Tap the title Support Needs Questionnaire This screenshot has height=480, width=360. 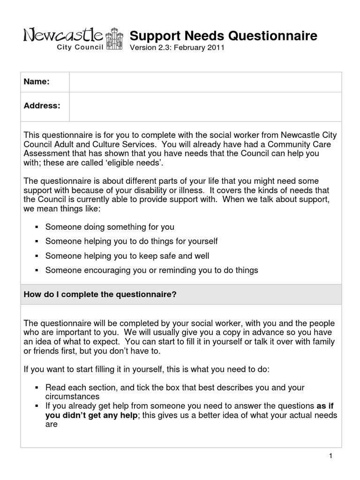223,36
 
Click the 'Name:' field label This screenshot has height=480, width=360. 37,82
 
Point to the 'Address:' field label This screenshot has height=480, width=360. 42,106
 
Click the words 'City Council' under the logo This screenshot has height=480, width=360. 80,48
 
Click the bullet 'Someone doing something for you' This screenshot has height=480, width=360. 110,227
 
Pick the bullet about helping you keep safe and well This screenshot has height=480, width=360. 127,256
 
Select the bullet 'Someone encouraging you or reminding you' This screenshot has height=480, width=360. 151,270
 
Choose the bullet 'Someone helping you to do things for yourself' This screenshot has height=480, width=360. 131,241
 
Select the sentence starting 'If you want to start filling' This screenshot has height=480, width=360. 146,369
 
